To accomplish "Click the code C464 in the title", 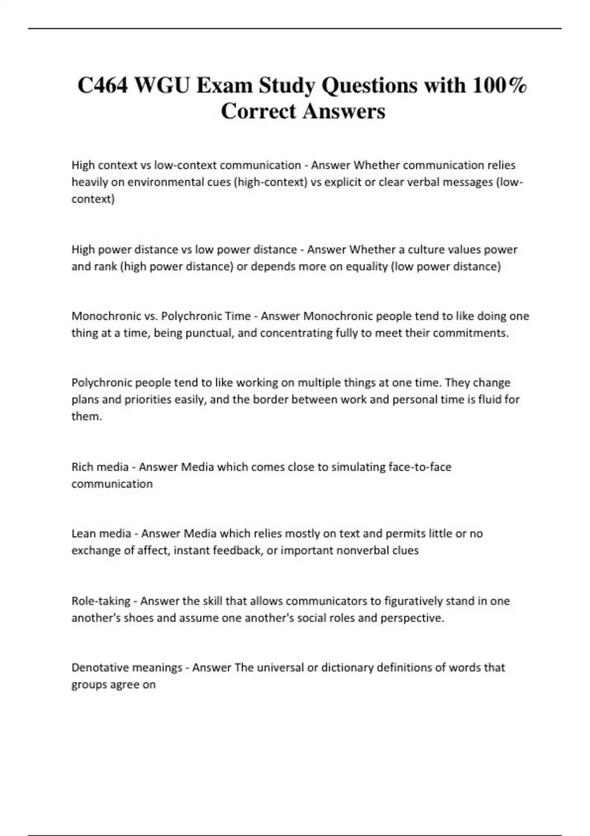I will (102, 86).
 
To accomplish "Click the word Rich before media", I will (83, 467).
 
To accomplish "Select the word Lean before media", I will (84, 534).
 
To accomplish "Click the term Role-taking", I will (101, 601).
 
